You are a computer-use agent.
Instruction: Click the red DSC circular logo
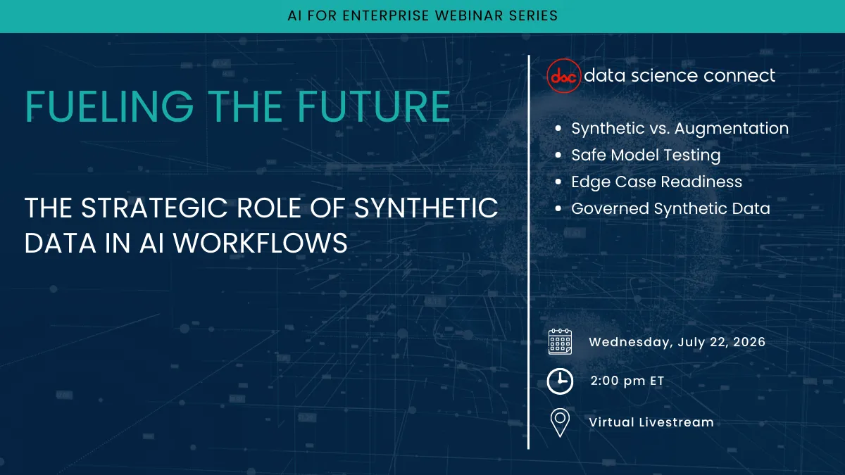(564, 76)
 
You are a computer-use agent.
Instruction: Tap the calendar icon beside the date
(560, 342)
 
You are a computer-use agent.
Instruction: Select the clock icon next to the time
(560, 381)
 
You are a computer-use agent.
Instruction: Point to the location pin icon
(560, 422)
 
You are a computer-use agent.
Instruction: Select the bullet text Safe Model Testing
(646, 155)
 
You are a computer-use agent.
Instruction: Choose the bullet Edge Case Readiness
(656, 182)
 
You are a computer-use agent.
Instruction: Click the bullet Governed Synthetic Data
(670, 208)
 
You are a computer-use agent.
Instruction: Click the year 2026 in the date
(746, 342)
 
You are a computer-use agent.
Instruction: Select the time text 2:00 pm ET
(627, 381)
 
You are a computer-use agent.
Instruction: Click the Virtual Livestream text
(651, 422)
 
